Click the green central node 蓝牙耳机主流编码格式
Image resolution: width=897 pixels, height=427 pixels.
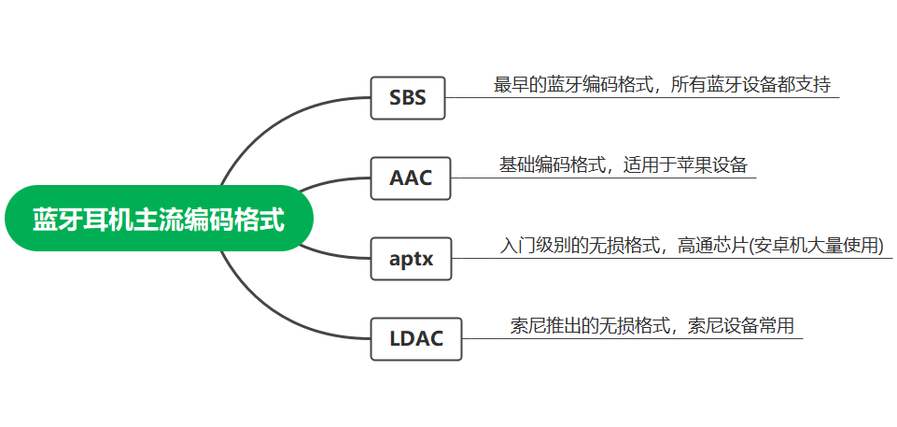click(x=159, y=221)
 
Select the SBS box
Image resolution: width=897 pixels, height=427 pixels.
click(x=408, y=97)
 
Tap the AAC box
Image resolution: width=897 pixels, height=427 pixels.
click(x=411, y=178)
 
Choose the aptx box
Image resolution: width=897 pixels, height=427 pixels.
click(x=411, y=259)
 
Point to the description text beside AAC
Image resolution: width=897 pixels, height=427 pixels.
click(x=623, y=165)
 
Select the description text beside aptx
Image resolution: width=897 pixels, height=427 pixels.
click(x=691, y=247)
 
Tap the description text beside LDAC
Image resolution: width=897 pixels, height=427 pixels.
click(x=652, y=327)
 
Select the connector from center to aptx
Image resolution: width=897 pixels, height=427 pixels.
click(x=331, y=254)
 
